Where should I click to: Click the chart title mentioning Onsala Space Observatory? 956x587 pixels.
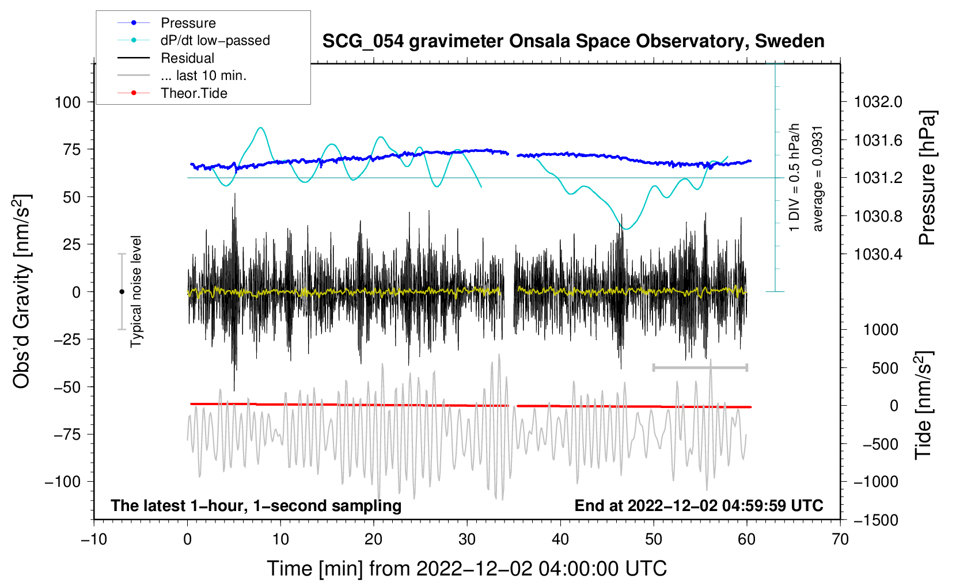pyautogui.click(x=573, y=41)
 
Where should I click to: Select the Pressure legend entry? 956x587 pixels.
pyautogui.click(x=188, y=23)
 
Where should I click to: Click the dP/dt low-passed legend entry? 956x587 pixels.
pyautogui.click(x=215, y=40)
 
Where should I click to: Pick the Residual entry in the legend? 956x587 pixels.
pyautogui.click(x=187, y=58)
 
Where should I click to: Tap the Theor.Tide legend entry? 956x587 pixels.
pyautogui.click(x=194, y=93)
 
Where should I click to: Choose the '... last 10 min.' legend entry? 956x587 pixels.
pyautogui.click(x=203, y=75)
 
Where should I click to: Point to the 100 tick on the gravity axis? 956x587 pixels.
pyautogui.click(x=67, y=102)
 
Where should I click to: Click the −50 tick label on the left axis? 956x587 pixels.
pyautogui.click(x=67, y=387)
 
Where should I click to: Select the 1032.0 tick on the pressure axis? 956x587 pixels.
pyautogui.click(x=878, y=102)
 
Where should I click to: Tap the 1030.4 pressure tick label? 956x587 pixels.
pyautogui.click(x=878, y=254)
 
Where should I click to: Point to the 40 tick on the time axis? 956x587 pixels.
pyautogui.click(x=560, y=540)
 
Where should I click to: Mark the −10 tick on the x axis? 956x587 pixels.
pyautogui.click(x=94, y=540)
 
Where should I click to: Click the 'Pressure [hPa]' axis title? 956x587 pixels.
pyautogui.click(x=927, y=178)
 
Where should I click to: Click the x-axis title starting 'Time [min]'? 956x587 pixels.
pyautogui.click(x=466, y=569)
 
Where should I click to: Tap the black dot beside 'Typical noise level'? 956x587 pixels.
pyautogui.click(x=122, y=292)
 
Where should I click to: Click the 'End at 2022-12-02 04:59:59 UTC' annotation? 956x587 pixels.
pyautogui.click(x=699, y=505)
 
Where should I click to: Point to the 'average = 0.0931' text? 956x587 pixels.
pyautogui.click(x=818, y=178)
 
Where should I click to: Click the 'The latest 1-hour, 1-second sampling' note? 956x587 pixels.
pyautogui.click(x=256, y=505)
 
